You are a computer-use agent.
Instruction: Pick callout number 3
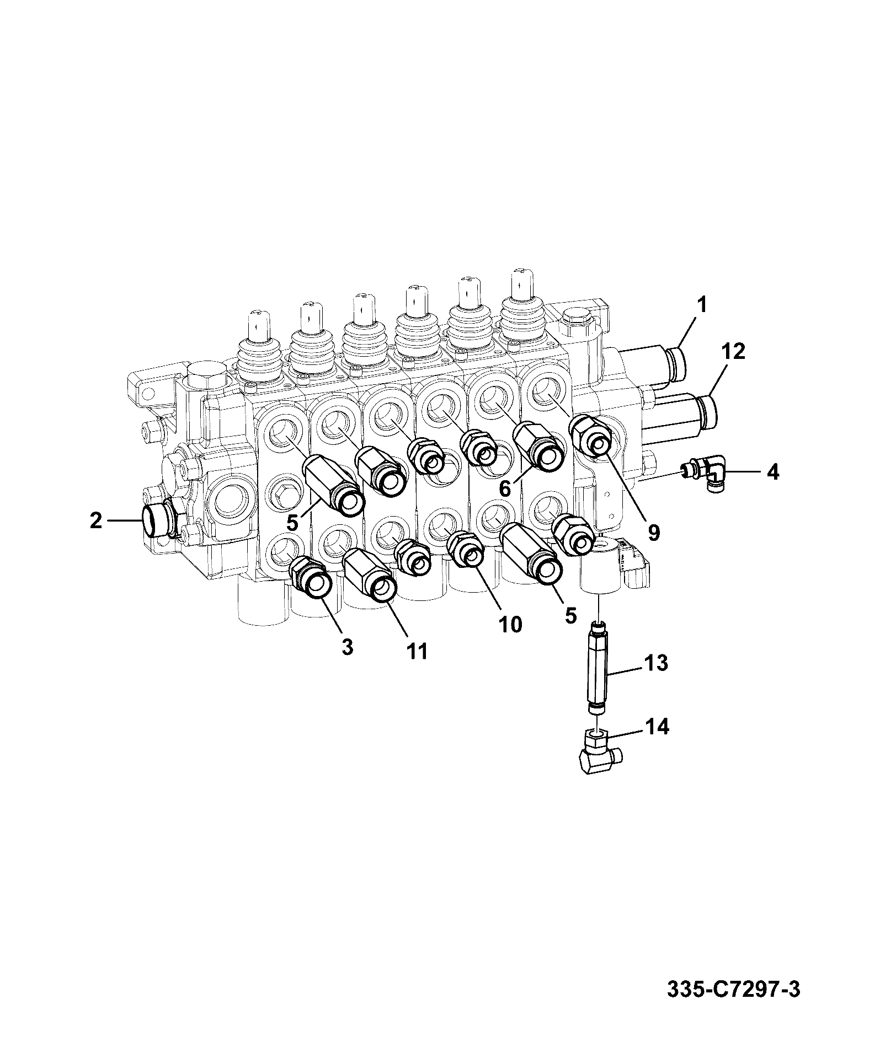(346, 647)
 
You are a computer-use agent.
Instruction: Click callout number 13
(656, 663)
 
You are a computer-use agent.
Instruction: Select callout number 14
(657, 727)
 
